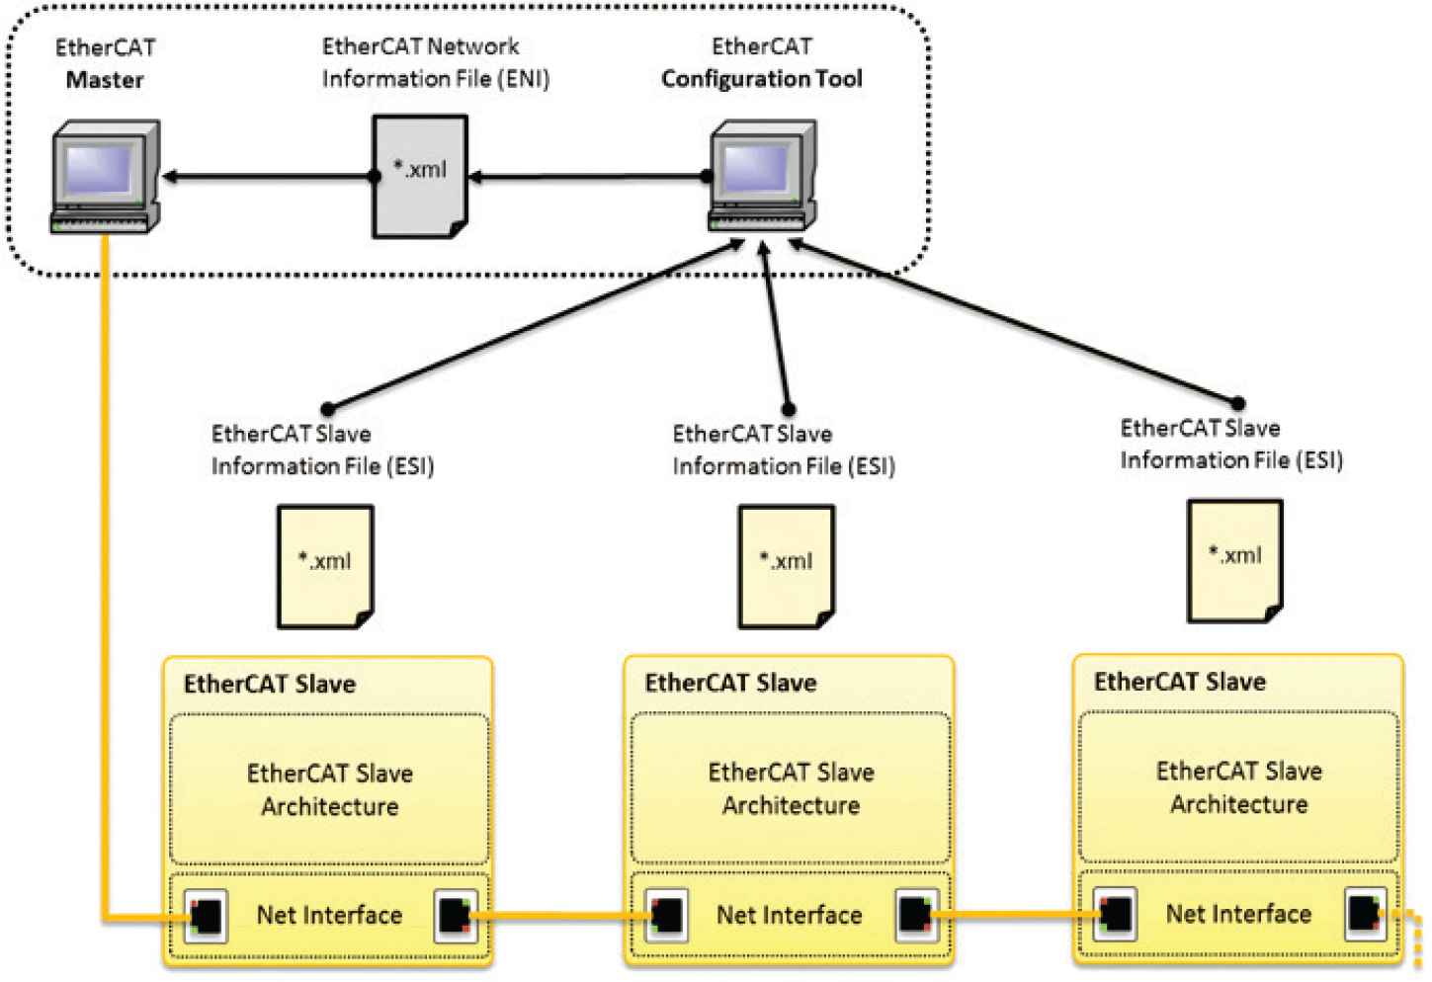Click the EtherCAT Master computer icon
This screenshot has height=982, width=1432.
(x=105, y=176)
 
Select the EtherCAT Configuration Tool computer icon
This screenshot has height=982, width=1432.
(x=763, y=176)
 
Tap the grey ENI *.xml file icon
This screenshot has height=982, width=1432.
(x=419, y=176)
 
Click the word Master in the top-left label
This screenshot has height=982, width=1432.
(x=105, y=80)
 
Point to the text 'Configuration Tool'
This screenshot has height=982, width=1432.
(x=761, y=79)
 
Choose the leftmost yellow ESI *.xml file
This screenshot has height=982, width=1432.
(x=325, y=566)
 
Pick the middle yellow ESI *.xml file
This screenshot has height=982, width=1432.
(x=787, y=566)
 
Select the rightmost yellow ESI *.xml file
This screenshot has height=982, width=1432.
(x=1234, y=560)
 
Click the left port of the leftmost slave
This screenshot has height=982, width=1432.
(x=206, y=916)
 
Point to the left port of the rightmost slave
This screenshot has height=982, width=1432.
(x=1116, y=914)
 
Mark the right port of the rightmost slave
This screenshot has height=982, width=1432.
(x=1365, y=914)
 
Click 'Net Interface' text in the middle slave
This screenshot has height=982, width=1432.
(x=789, y=916)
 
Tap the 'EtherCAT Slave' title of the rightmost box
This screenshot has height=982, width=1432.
(x=1179, y=682)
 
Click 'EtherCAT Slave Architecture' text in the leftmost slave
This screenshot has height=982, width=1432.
(x=329, y=789)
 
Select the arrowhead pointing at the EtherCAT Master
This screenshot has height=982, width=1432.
(x=170, y=177)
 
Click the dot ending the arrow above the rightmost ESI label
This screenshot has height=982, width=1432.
(x=1237, y=403)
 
